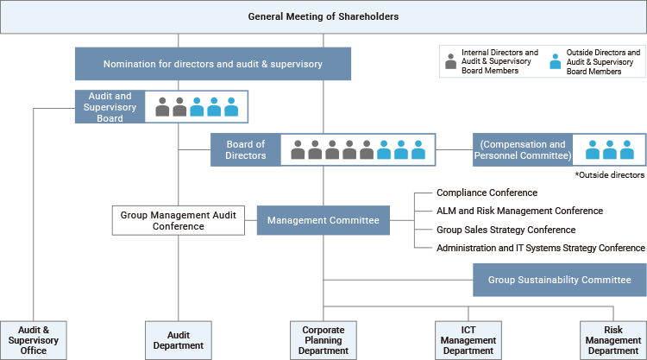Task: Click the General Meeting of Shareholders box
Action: tap(323, 16)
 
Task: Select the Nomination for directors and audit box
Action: tap(213, 63)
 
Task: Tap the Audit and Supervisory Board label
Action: tap(110, 106)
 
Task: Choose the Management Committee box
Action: tap(323, 221)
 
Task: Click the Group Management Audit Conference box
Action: tap(179, 220)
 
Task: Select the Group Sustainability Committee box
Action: tap(559, 280)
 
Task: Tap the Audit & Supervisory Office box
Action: tap(34, 339)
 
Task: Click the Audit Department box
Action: tap(179, 339)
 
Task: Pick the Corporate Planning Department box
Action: tap(323, 339)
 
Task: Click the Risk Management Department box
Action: tap(613, 339)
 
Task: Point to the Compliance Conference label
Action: tap(487, 193)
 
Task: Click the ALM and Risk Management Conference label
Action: tap(520, 211)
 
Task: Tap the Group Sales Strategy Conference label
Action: tap(506, 230)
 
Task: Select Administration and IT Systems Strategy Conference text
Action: tap(541, 248)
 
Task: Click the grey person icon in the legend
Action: tap(449, 63)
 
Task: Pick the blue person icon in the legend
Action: tap(555, 63)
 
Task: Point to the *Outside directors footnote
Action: tap(610, 174)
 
